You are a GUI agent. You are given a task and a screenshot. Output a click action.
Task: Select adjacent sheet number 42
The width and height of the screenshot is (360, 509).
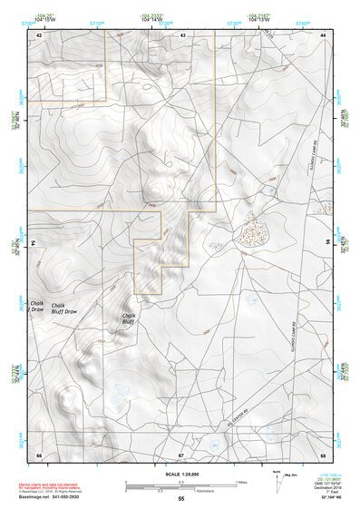coord(39,34)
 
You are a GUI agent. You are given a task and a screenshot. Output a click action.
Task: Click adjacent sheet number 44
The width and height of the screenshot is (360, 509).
coord(323,34)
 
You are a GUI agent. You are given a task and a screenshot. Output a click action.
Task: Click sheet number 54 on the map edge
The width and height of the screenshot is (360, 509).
coord(33,242)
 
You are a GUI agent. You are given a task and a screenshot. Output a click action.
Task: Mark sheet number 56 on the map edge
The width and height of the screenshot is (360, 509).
coord(328,242)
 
